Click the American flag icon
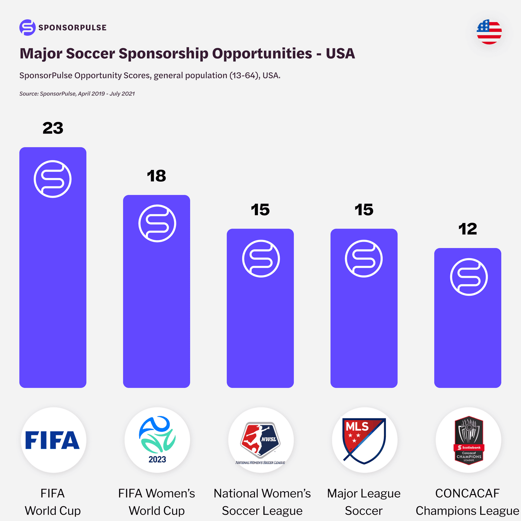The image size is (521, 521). tap(489, 32)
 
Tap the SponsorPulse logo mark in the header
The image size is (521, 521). tap(27, 27)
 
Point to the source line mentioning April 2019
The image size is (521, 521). tap(77, 94)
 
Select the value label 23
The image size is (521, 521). tap(53, 128)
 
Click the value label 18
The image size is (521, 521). tap(156, 176)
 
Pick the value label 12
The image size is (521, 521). tap(468, 229)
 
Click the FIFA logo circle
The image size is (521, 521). tap(53, 440)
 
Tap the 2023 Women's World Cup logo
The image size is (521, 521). tap(157, 440)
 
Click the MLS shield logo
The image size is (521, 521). tap(364, 440)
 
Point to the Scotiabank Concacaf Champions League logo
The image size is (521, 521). tap(468, 440)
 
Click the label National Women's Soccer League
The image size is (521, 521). tap(262, 502)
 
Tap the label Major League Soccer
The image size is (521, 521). tap(364, 502)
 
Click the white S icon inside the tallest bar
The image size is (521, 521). tap(52, 179)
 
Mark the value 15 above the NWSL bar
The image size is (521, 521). tap(260, 210)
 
